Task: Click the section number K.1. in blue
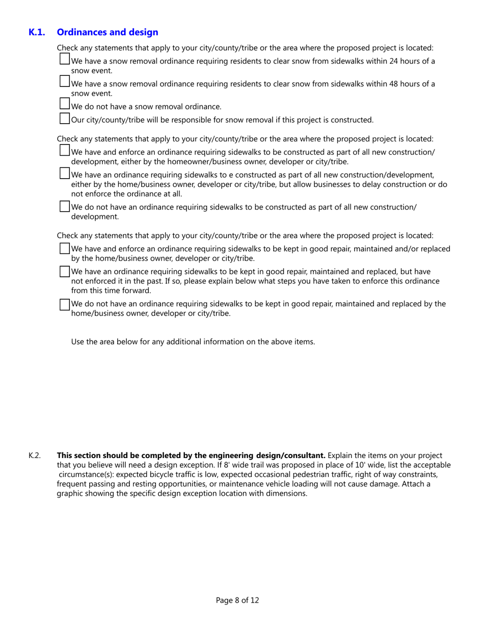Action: [x=37, y=32]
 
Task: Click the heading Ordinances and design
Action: [x=107, y=32]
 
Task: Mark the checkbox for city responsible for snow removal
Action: [x=65, y=119]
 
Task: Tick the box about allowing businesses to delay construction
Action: [x=65, y=174]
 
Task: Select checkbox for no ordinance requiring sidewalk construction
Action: [x=65, y=206]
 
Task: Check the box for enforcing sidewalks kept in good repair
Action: [x=65, y=248]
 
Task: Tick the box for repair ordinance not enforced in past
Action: [x=65, y=271]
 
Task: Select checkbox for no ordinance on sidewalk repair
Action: [x=65, y=304]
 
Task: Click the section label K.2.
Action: [x=34, y=455]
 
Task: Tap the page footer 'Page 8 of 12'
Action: [x=237, y=600]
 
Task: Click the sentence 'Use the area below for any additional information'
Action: [x=193, y=342]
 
